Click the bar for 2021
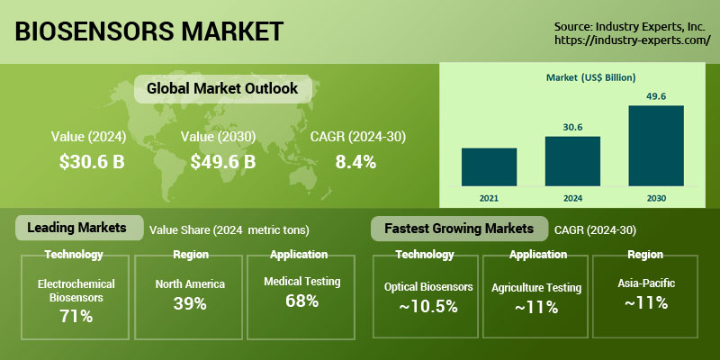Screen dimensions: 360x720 coord(489,166)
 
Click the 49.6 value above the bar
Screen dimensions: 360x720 coord(655,96)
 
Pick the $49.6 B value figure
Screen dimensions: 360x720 coord(223,162)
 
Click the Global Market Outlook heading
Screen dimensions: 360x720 coord(216,89)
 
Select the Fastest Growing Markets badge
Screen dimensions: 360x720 coord(459,228)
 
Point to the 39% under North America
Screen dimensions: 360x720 coord(189,304)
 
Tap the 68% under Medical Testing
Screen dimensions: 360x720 coord(301,301)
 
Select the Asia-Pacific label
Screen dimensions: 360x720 coord(647,283)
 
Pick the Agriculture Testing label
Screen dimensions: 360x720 coord(536,288)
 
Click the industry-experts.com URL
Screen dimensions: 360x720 coord(632,41)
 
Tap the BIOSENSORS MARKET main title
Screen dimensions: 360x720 coord(149,31)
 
